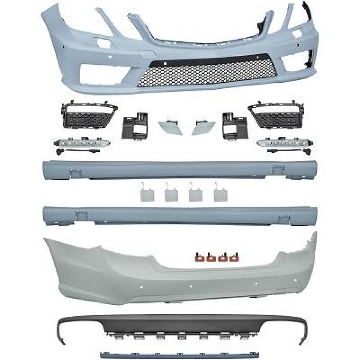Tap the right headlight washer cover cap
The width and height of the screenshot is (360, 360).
coord(204,127)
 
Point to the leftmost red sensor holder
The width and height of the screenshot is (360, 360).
coord(197,257)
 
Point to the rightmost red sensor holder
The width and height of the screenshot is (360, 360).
coord(236,257)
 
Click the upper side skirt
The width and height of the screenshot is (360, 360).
coord(180,169)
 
